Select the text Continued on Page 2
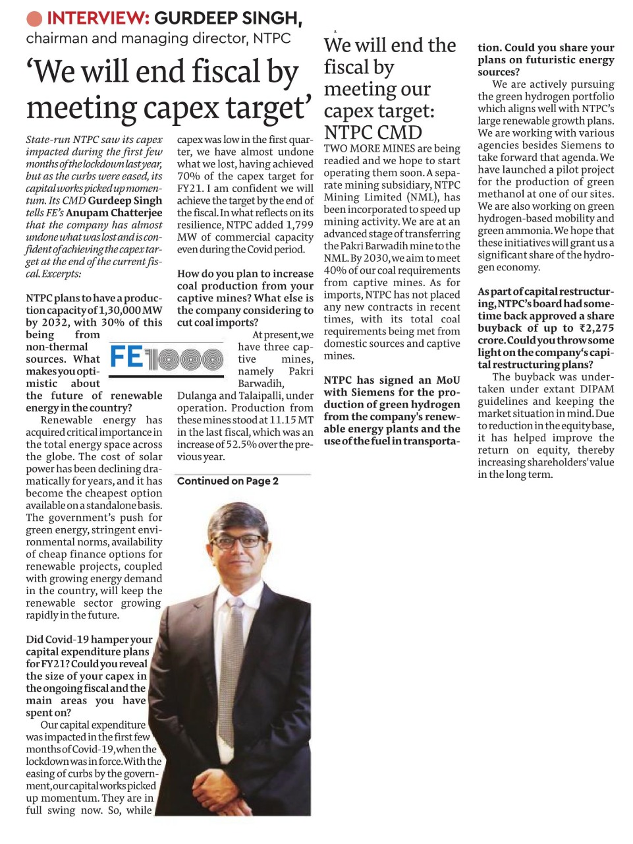pos(227,481)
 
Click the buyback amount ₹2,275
pos(596,328)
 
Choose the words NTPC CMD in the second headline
pos(373,132)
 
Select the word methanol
pos(500,195)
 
